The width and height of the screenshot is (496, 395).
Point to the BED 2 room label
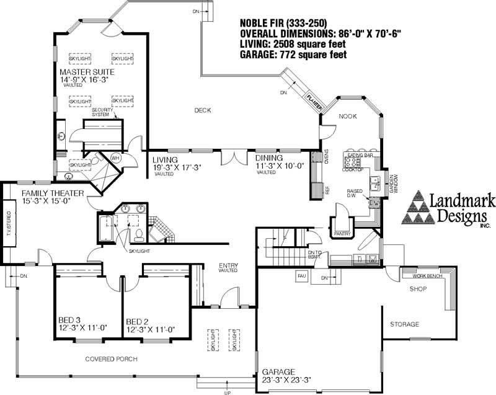point(136,321)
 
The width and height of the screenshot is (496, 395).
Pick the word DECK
point(203,110)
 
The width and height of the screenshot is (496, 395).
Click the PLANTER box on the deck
point(312,100)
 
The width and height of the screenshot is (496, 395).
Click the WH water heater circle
point(115,158)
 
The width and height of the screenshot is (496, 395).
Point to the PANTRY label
point(342,233)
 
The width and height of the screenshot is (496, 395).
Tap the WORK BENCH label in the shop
point(426,275)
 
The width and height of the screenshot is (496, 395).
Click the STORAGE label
point(404,324)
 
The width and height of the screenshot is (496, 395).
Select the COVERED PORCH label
point(111,359)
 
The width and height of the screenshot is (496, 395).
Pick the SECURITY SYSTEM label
point(104,112)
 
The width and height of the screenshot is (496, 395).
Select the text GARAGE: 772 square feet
point(293,55)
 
